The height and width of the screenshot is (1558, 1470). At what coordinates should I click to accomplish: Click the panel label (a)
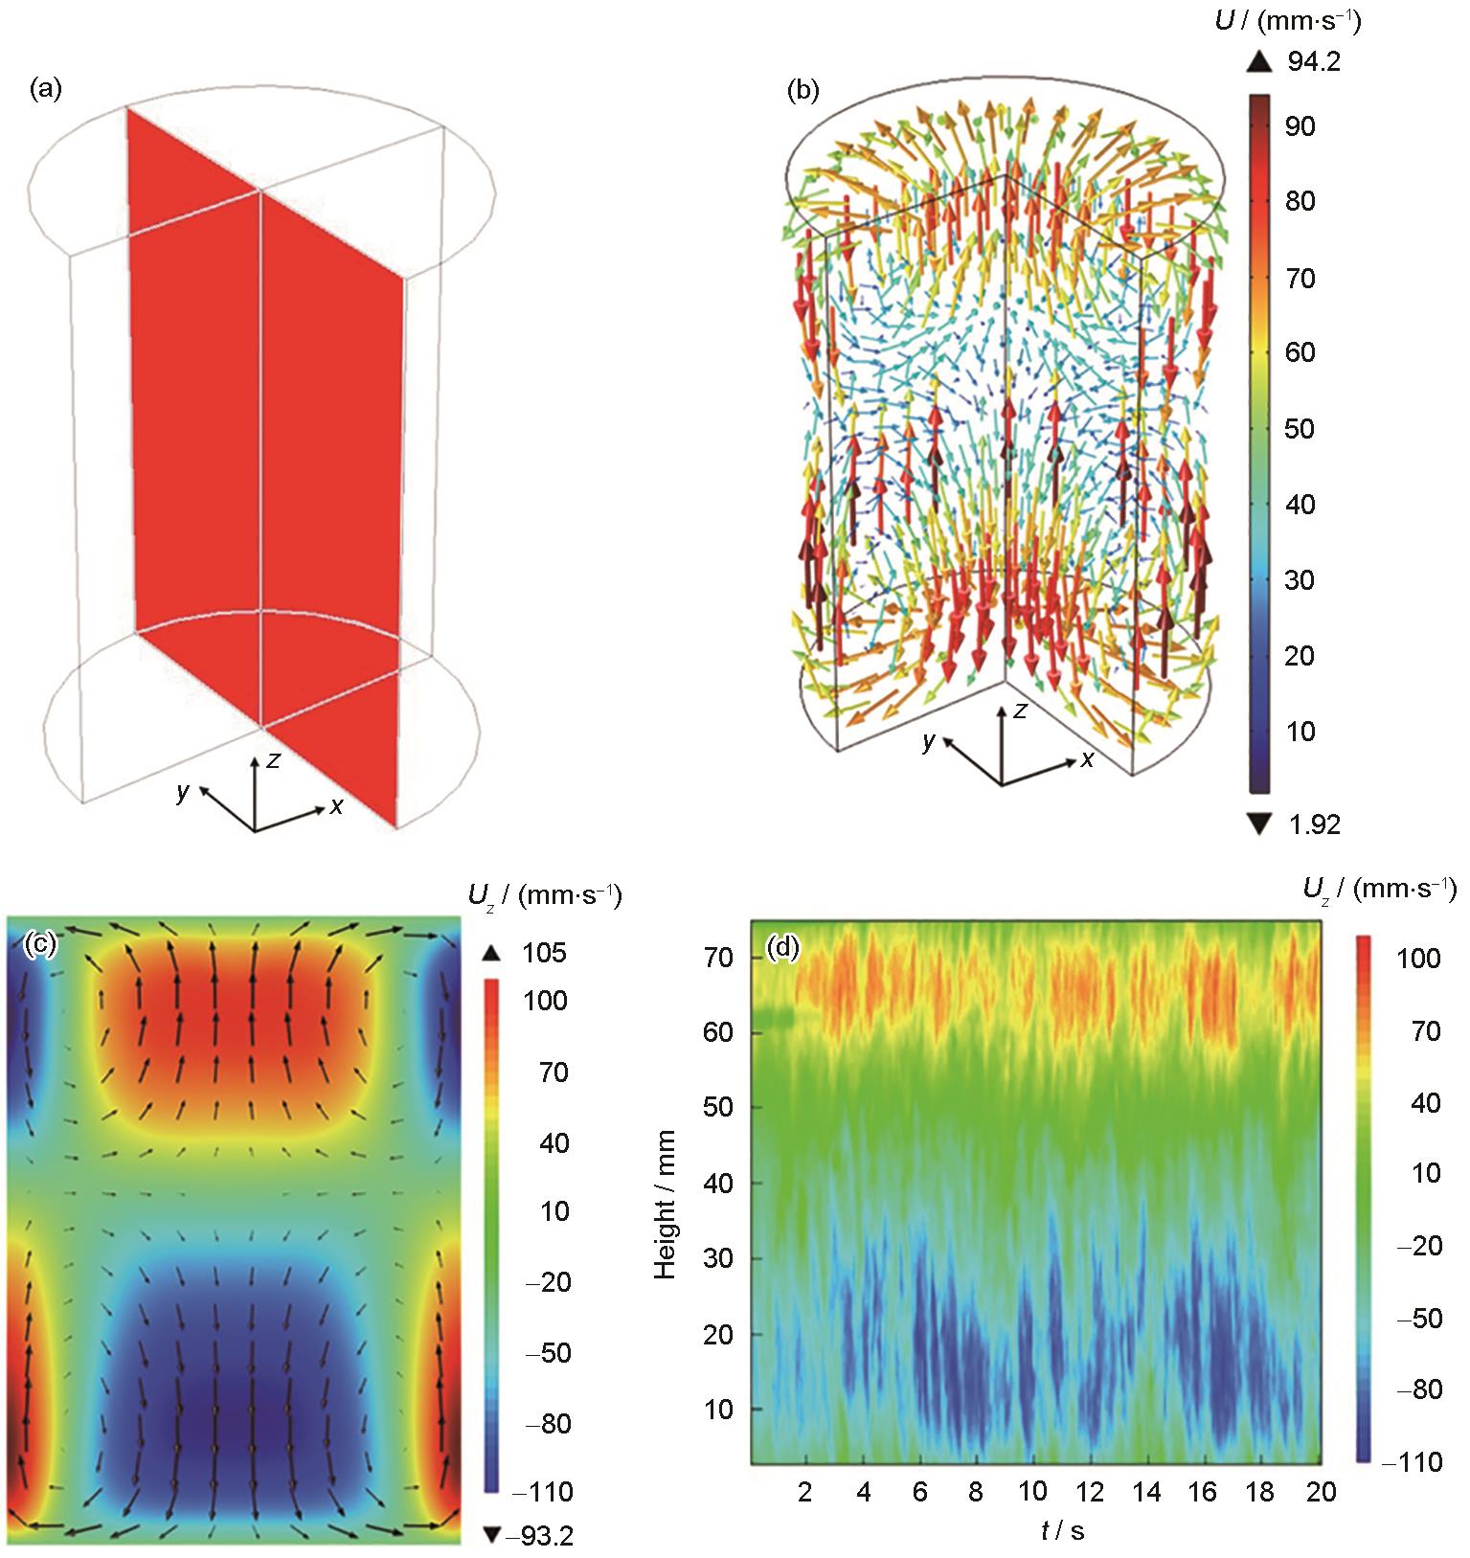(45, 90)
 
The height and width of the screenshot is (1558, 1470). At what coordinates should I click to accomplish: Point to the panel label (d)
(783, 948)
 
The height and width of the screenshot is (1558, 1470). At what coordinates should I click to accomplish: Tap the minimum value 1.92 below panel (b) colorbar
(1314, 824)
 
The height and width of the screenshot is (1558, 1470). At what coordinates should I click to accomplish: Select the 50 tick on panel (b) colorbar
(1300, 428)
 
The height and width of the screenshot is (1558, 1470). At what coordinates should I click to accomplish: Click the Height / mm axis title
(665, 1204)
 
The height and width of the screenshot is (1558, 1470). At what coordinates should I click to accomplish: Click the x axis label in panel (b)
(1088, 759)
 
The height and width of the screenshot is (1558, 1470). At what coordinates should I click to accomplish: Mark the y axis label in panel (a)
(183, 791)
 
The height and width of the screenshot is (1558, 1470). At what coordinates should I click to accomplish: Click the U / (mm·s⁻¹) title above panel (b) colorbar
(1286, 21)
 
